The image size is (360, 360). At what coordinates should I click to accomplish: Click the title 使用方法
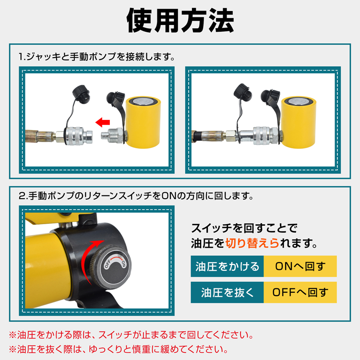pyautogui.click(x=180, y=21)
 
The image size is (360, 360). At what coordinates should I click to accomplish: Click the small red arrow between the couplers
pyautogui.click(x=103, y=122)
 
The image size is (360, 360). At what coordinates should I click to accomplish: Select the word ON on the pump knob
pyautogui.click(x=124, y=264)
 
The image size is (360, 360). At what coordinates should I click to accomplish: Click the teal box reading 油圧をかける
pyautogui.click(x=227, y=266)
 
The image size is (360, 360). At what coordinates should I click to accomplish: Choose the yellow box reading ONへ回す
pyautogui.click(x=300, y=266)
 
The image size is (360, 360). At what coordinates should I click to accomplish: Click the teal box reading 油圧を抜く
pyautogui.click(x=227, y=292)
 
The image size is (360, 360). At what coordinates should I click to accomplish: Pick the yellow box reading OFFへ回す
pyautogui.click(x=300, y=292)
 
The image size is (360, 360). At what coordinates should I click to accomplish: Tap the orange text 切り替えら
pyautogui.click(x=252, y=243)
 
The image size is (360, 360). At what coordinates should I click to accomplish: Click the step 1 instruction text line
pyautogui.click(x=96, y=57)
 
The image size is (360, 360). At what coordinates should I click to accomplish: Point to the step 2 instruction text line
pyautogui.click(x=136, y=196)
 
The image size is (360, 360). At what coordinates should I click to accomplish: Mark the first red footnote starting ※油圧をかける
pyautogui.click(x=131, y=335)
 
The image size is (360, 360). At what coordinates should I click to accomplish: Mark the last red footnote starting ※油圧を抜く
pyautogui.click(x=118, y=349)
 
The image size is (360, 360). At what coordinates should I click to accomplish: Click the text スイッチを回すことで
pyautogui.click(x=244, y=228)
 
